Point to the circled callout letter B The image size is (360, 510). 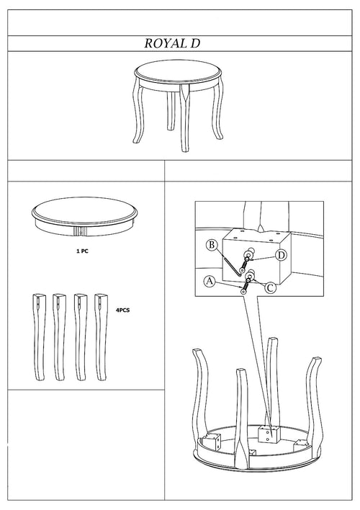pos(212,246)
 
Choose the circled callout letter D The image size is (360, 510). pos(281,254)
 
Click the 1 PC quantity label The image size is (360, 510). pos(82,254)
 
